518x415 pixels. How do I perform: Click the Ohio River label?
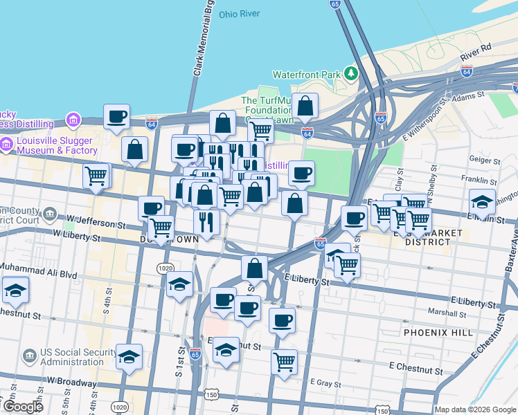click(x=239, y=14)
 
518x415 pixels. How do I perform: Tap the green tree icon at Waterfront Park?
click(x=352, y=73)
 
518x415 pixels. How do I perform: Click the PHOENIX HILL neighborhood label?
click(x=438, y=333)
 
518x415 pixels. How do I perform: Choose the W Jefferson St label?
click(x=96, y=221)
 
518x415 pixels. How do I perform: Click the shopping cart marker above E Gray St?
click(x=284, y=361)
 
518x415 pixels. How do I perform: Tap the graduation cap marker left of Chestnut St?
click(x=15, y=290)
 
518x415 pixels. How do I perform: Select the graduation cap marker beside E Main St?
click(x=482, y=201)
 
